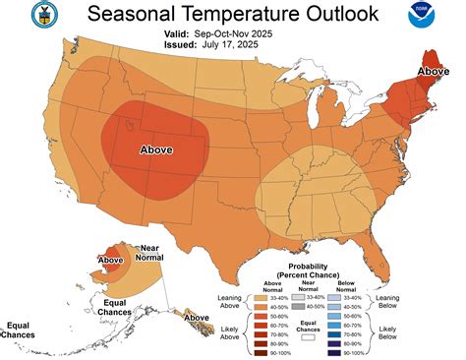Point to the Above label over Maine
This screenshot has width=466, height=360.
434,71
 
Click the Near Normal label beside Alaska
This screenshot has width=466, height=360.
149,254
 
